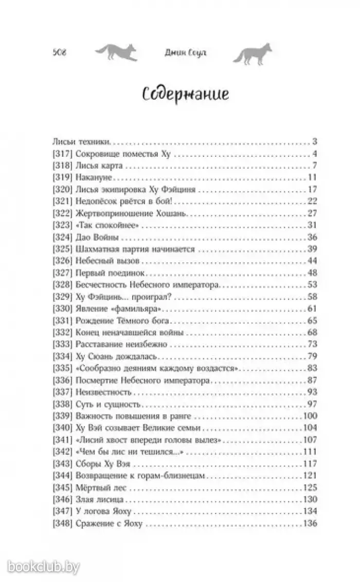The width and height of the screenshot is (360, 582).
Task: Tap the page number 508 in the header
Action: pos(61,53)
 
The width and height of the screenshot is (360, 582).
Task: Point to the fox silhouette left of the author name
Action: pos(116,53)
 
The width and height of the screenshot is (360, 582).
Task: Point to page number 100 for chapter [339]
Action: pos(309,414)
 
